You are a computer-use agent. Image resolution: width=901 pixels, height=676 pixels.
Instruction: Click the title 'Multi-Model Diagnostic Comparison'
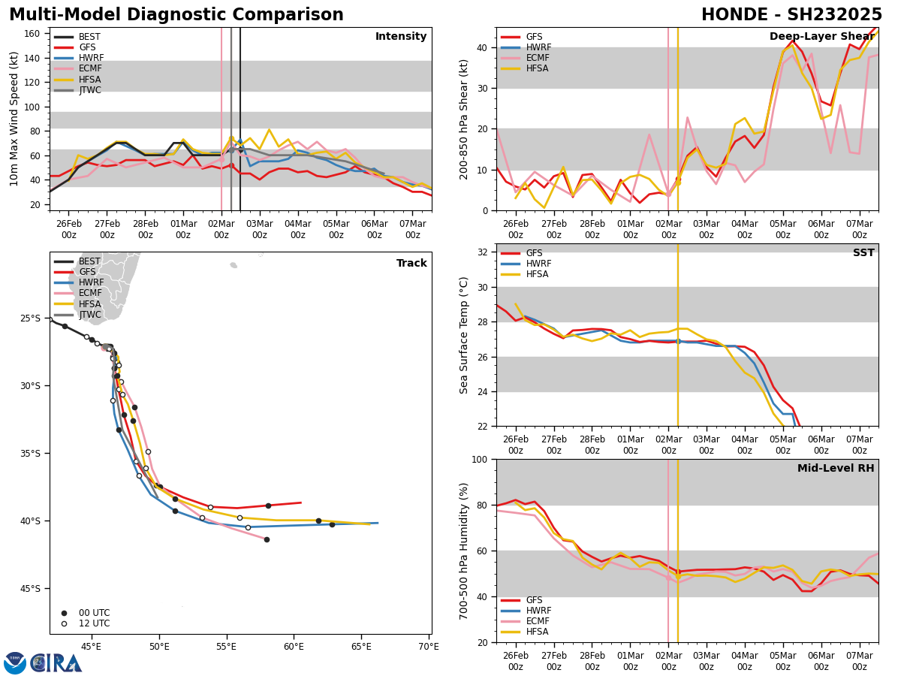(x=176, y=15)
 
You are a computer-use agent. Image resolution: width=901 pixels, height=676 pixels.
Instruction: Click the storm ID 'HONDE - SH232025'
(x=791, y=15)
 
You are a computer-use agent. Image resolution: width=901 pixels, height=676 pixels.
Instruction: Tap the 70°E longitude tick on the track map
(x=429, y=646)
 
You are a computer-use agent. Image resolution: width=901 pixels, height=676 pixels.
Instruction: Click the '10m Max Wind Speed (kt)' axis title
(x=15, y=119)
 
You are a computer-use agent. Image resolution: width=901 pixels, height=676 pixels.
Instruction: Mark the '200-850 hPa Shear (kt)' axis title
(x=464, y=119)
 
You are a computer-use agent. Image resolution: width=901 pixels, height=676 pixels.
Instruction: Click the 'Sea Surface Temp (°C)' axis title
(x=464, y=335)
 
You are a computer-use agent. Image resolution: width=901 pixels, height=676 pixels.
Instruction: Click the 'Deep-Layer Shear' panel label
(x=821, y=37)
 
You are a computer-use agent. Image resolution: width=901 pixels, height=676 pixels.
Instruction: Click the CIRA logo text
(x=56, y=663)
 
